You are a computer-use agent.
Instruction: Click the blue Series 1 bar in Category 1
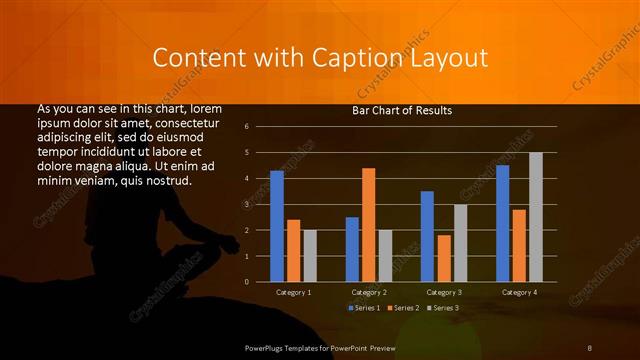pos(277,226)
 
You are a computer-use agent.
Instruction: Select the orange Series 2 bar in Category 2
pos(369,224)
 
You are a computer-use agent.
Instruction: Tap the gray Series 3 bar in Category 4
pos(536,216)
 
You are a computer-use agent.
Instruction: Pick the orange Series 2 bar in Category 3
pos(444,258)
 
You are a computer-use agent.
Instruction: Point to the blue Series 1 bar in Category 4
pos(502,223)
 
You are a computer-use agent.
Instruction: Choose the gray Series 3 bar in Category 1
pos(310,255)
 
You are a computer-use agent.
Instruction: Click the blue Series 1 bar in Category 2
pos(352,249)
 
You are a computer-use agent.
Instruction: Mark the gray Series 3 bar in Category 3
pos(461,243)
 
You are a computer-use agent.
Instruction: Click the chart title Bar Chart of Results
pos(402,110)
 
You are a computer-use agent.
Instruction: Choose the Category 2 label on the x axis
pos(369,292)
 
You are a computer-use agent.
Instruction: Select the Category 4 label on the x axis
pos(519,292)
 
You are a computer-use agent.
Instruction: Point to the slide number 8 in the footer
pos(589,347)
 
